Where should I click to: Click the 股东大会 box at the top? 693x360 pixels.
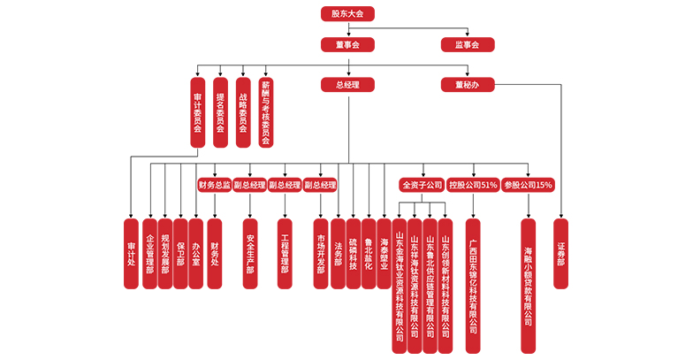pyautogui.click(x=347, y=13)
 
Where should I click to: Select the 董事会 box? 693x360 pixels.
pyautogui.click(x=347, y=44)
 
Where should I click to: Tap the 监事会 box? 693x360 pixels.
pyautogui.click(x=468, y=44)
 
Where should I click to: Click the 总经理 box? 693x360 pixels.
pyautogui.click(x=347, y=85)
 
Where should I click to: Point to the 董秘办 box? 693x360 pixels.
pyautogui.click(x=468, y=85)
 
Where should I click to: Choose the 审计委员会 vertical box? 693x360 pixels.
pyautogui.click(x=197, y=111)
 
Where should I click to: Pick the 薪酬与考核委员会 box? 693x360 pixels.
pyautogui.click(x=266, y=111)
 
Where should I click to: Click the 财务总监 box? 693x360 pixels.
pyautogui.click(x=215, y=185)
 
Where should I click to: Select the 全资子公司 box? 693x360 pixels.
pyautogui.click(x=422, y=185)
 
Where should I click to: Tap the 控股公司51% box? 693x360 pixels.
pyautogui.click(x=473, y=185)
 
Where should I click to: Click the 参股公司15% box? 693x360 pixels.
pyautogui.click(x=528, y=185)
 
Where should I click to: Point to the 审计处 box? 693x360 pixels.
pyautogui.click(x=131, y=253)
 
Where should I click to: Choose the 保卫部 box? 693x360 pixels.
pyautogui.click(x=180, y=253)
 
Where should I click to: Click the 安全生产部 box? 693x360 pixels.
pyautogui.click(x=250, y=253)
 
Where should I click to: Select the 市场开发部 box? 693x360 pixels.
pyautogui.click(x=321, y=253)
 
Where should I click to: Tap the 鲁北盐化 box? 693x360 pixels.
pyautogui.click(x=369, y=253)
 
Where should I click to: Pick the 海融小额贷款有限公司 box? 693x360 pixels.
pyautogui.click(x=528, y=273)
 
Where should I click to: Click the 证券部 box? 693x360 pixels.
pyautogui.click(x=561, y=253)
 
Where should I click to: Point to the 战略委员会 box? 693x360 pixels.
pyautogui.click(x=243, y=111)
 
